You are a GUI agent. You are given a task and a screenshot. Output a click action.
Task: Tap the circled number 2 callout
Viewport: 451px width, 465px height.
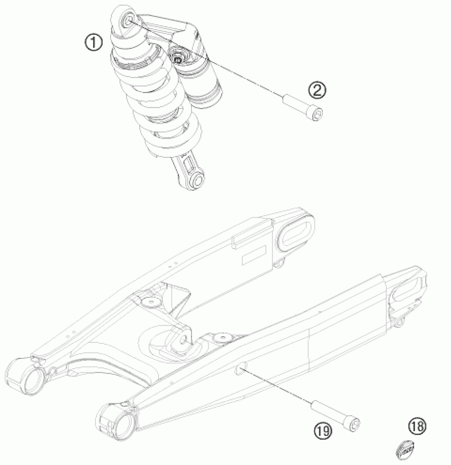317,90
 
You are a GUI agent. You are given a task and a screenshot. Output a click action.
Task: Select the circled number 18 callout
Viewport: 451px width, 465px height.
418,426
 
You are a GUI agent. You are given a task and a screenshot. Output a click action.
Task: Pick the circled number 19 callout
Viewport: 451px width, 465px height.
323,430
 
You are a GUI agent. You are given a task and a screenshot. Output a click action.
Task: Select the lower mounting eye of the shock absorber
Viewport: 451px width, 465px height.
197,181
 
